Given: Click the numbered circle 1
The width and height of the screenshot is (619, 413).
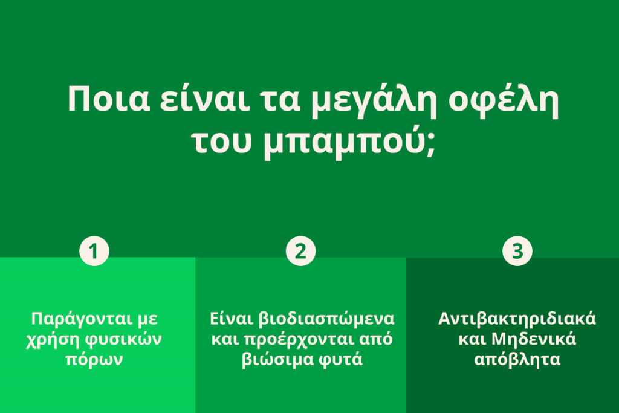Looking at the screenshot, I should tap(94, 251).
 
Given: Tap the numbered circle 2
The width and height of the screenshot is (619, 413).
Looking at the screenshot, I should tap(300, 251).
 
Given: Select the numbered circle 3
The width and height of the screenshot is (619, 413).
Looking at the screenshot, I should tap(517, 251).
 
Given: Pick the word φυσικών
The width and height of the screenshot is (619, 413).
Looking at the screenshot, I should tap(124, 339).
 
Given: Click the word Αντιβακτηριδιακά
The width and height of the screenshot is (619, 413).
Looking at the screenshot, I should tap(517, 319).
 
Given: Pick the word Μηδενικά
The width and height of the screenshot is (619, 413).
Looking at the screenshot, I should tap(532, 339).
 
